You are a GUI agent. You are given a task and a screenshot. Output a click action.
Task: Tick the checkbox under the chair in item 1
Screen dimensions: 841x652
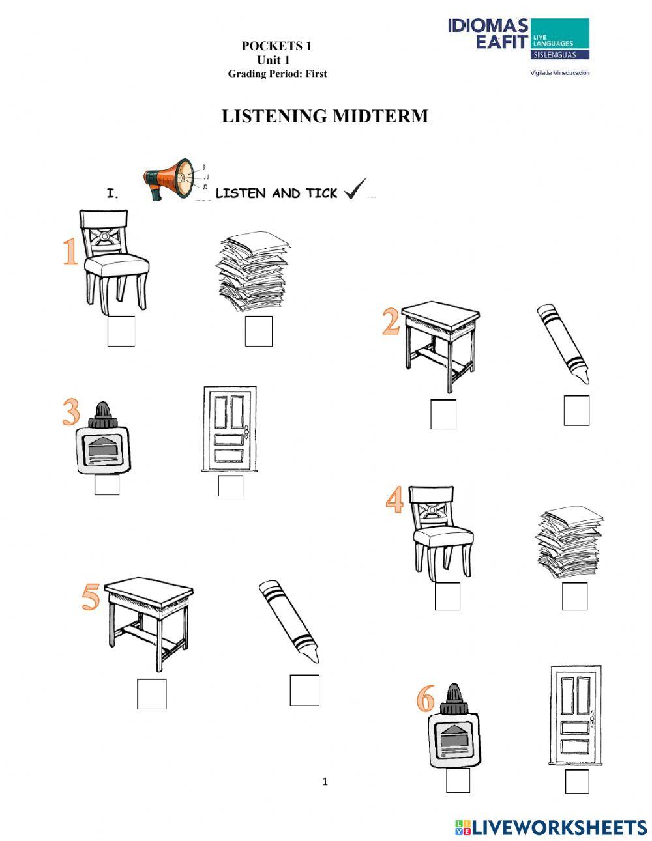pos(121,331)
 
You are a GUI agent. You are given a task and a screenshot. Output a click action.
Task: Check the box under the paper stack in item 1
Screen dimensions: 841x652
pos(259,331)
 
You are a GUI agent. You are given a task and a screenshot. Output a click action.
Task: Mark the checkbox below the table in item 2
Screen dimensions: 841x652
pos(443,414)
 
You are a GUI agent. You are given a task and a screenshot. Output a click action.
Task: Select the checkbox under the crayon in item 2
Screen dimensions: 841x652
pos(576,410)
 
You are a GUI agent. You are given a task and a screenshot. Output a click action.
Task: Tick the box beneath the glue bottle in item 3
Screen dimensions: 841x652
pos(107,485)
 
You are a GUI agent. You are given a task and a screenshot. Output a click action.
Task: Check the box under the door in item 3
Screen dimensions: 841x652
pos(231,486)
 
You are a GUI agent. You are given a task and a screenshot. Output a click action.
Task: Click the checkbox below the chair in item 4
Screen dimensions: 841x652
pos(447,596)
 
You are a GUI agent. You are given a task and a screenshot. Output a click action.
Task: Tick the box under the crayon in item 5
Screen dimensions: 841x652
pos(304,691)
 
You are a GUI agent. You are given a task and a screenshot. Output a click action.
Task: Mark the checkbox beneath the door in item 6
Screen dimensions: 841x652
pos(576,782)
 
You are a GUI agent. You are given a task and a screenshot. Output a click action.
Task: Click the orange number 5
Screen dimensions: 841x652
pos(91,597)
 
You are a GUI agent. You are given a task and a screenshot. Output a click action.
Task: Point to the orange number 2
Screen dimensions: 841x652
pos(391,322)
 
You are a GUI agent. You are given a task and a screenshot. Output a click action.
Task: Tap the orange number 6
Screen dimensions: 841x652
pos(425,700)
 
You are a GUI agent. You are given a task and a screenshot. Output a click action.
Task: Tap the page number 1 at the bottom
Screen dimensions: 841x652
pos(325,782)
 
